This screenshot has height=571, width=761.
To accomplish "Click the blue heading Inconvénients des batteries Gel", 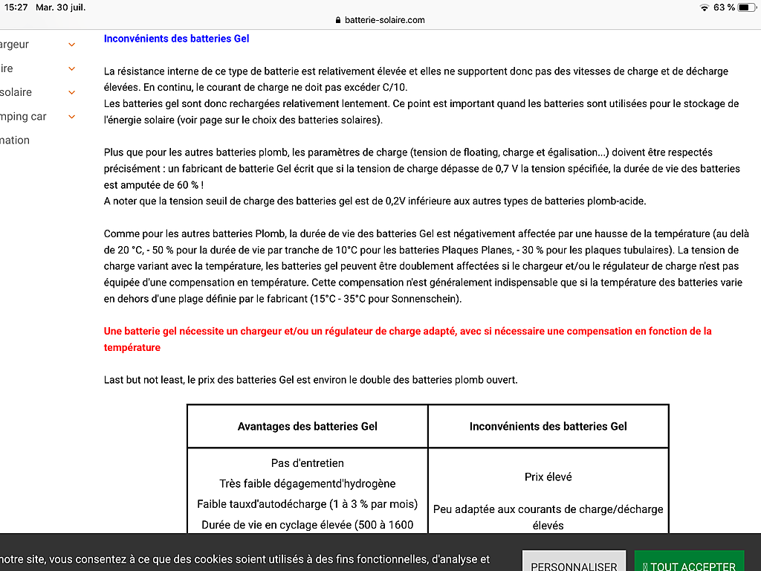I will (176, 39).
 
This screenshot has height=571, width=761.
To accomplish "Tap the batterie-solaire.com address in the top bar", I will (384, 20).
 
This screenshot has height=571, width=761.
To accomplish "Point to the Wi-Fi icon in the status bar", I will (704, 7).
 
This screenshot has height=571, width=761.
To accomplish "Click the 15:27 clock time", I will (16, 7).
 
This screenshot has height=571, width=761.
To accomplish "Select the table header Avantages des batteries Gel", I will (307, 426).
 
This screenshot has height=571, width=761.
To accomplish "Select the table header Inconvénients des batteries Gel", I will (548, 426).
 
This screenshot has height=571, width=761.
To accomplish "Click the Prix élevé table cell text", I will (548, 477).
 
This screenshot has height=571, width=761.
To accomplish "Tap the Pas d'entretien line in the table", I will (307, 463).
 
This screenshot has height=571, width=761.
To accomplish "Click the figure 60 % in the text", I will (189, 185).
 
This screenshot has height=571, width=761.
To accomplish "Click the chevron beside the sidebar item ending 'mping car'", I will (72, 117).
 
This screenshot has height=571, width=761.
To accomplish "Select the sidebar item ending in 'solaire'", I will (16, 92).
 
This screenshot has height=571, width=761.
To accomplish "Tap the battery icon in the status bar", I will (746, 7).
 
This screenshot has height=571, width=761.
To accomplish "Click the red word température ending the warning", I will (132, 347).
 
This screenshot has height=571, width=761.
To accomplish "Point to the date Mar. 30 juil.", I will (60, 7).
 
